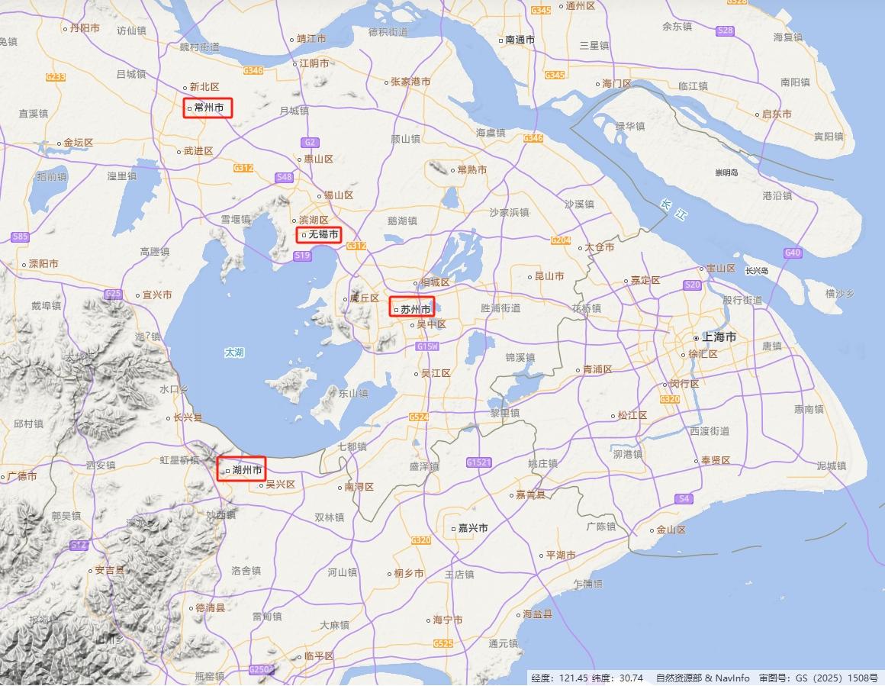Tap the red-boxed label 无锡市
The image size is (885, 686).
318,234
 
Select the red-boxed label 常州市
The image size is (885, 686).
208,108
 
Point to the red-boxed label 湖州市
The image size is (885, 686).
242,469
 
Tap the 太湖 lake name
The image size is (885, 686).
234,353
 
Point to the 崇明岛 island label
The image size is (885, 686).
726,172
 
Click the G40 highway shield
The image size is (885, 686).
793,253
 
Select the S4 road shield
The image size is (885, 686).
684,498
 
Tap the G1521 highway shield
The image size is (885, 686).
478,462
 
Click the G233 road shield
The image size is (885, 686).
56,76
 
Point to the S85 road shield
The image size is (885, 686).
21,237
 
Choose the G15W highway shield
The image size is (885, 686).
428,346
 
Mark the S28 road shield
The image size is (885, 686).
726,31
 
